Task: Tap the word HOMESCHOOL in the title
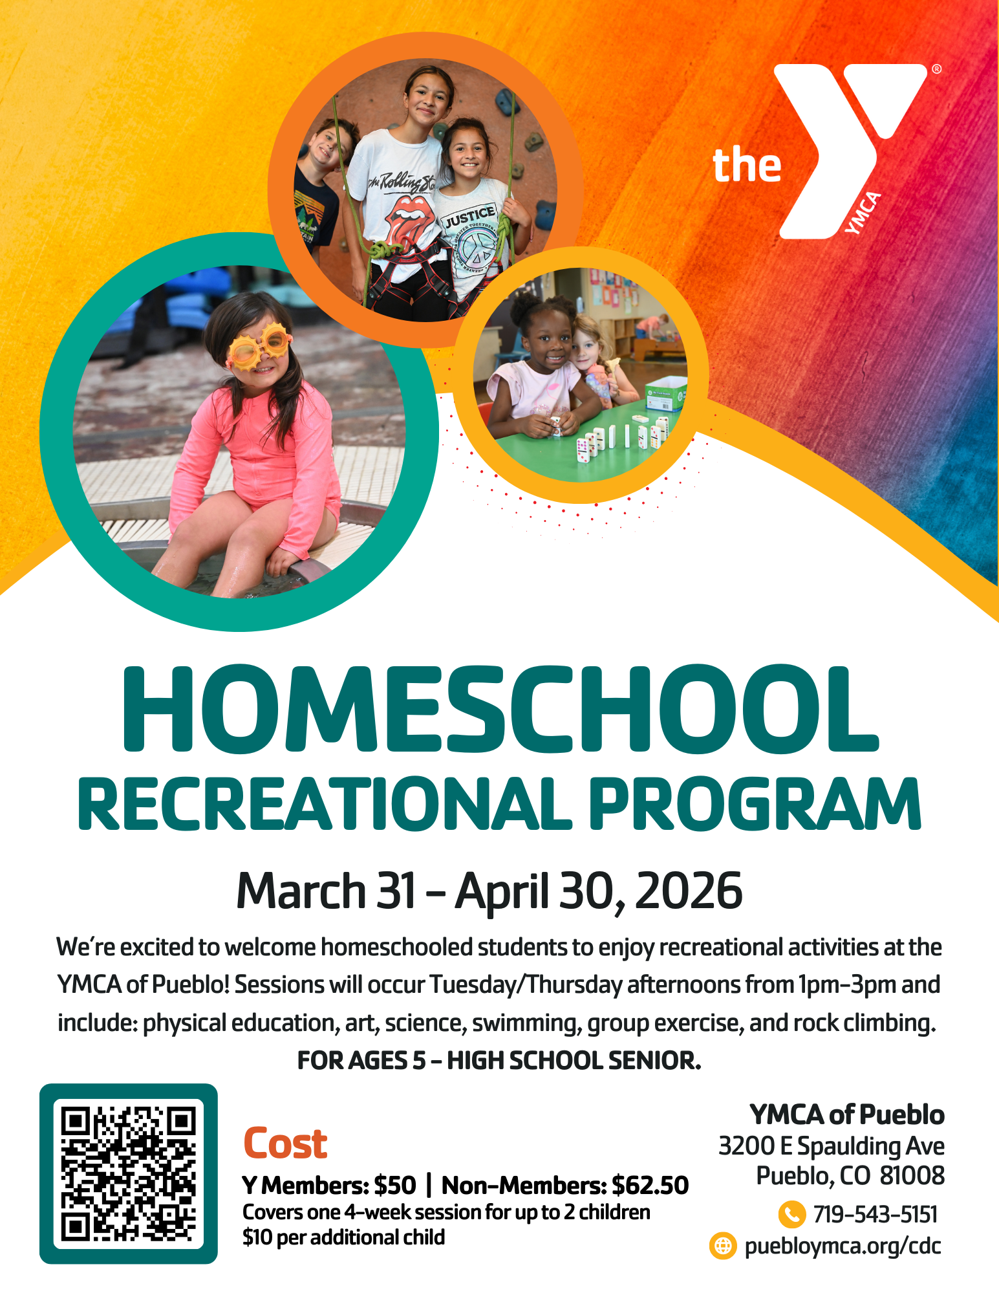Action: (x=499, y=710)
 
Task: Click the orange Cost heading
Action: (x=285, y=1143)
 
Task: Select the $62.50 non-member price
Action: (x=650, y=1185)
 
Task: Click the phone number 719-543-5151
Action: (x=875, y=1214)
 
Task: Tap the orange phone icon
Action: (x=791, y=1214)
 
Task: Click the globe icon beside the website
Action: (x=723, y=1246)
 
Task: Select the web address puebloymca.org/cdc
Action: (x=843, y=1246)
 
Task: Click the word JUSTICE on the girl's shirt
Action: (x=469, y=216)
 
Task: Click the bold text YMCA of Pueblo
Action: (x=846, y=1114)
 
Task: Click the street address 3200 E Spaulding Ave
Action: (x=831, y=1146)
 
